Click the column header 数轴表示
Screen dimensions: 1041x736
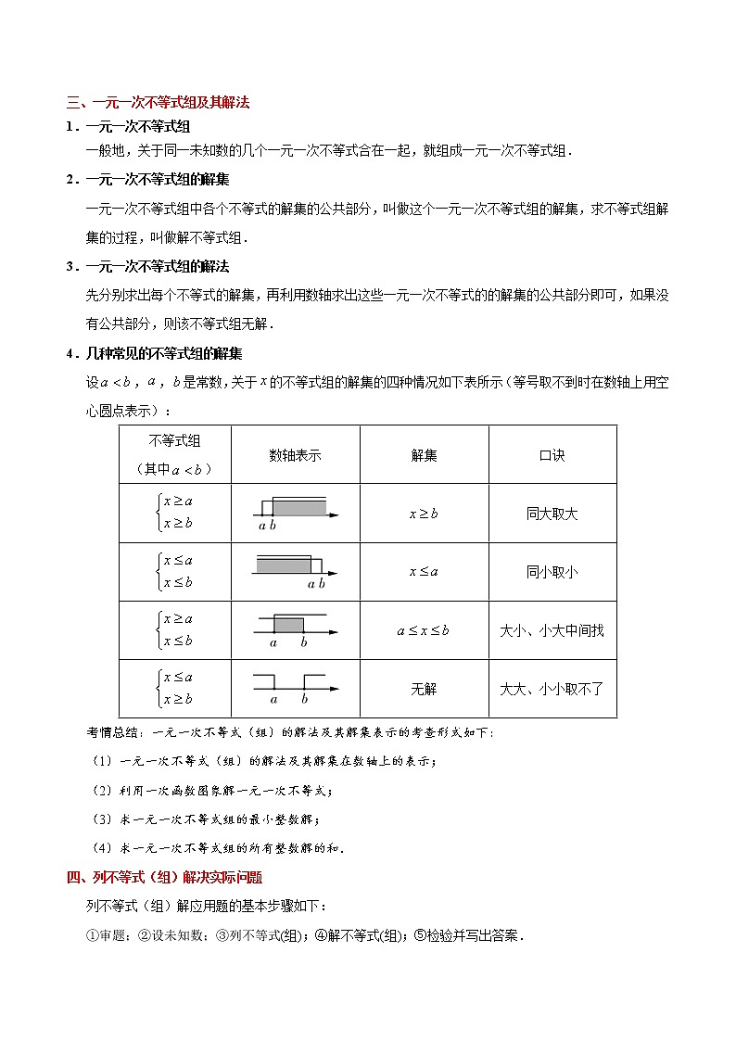[x=295, y=455]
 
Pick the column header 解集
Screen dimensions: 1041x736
[x=424, y=455]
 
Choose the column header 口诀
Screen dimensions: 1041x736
[x=552, y=455]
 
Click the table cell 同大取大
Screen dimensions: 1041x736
[x=552, y=513]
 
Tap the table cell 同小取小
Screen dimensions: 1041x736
[x=552, y=572]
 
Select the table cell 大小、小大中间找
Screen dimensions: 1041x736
[x=552, y=630]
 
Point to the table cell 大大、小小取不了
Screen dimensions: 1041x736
[x=552, y=689]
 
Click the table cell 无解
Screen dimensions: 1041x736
[x=424, y=689]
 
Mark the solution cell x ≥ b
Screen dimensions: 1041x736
[x=424, y=513]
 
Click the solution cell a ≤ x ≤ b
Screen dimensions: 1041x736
[x=424, y=630]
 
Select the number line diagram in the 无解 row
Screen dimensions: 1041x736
[x=295, y=689]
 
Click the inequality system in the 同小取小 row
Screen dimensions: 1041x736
[x=175, y=572]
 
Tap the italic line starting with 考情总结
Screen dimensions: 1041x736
[x=290, y=733]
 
